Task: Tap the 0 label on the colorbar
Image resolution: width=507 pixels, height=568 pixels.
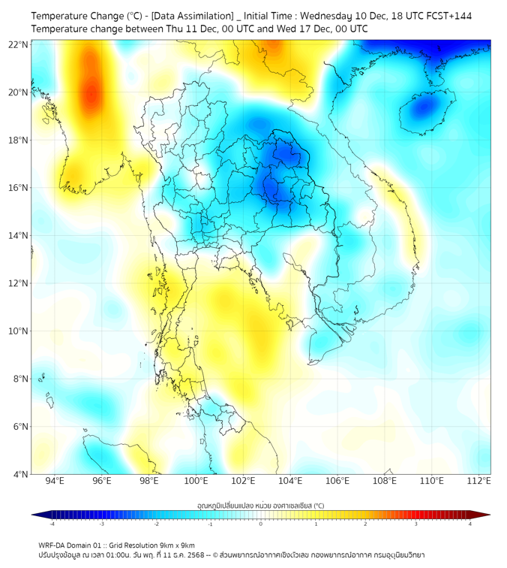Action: coord(261,524)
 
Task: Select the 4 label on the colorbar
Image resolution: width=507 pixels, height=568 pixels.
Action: coord(470,524)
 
